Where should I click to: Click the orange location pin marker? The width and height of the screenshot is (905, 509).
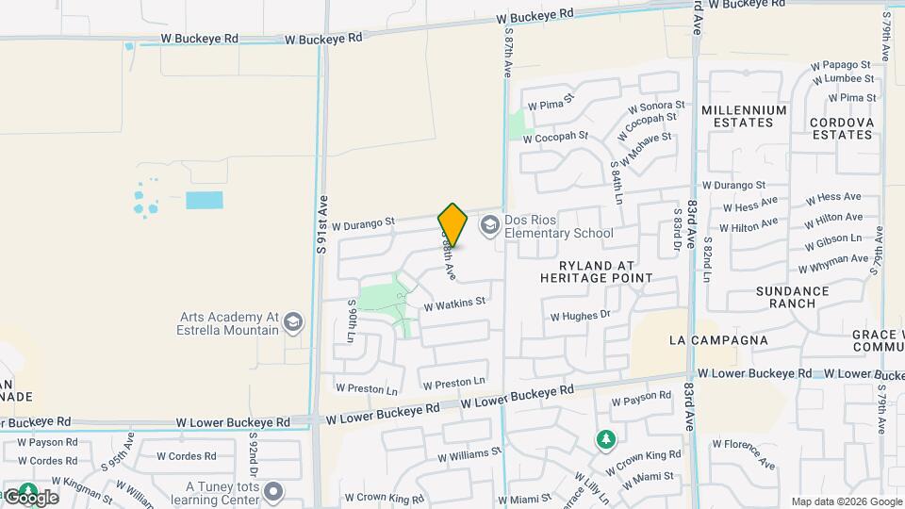tap(452, 224)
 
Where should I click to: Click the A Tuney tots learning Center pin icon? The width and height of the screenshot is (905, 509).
tap(273, 491)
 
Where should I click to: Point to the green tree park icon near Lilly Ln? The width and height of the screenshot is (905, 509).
tap(603, 439)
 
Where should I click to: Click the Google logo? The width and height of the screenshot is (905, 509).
tap(30, 497)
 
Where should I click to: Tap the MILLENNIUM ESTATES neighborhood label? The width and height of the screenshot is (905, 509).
tap(744, 116)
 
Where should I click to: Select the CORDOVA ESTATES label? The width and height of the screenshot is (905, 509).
tap(842, 128)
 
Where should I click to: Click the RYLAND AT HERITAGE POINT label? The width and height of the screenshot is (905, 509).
tap(596, 271)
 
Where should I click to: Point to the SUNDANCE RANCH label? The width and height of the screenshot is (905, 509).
tap(792, 298)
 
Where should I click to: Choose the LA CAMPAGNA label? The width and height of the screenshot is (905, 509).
tap(717, 339)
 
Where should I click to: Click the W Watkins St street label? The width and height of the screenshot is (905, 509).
tap(454, 304)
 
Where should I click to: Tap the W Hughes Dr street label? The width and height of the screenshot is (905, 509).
tap(581, 316)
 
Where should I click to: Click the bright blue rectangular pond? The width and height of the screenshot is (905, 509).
tap(205, 200)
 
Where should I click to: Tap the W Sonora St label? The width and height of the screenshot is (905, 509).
tap(655, 106)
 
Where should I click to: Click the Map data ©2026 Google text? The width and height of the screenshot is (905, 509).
tap(847, 501)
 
